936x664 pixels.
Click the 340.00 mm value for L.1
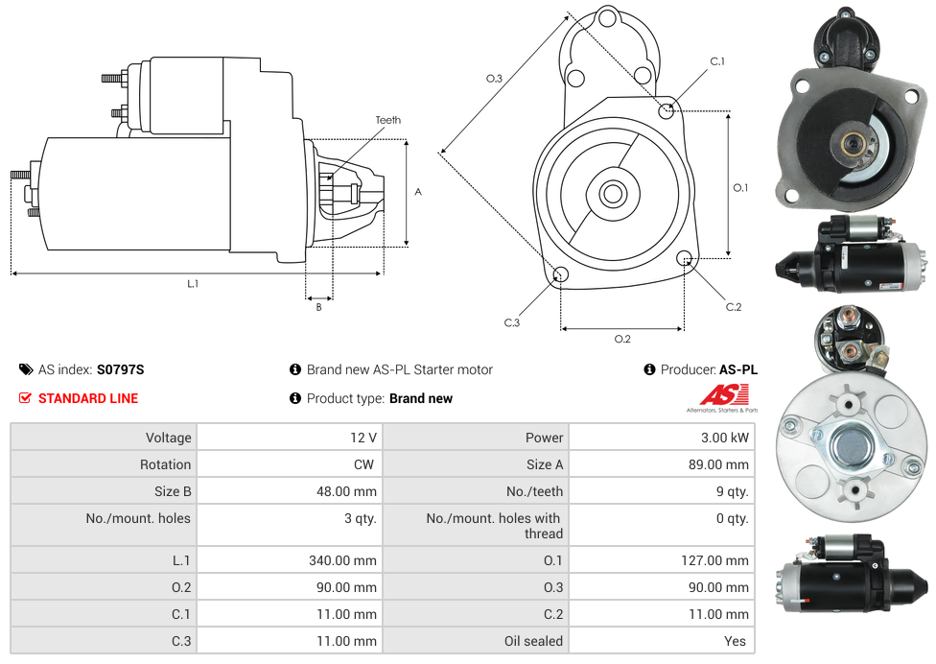[x=342, y=560]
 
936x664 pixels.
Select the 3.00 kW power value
[x=726, y=438]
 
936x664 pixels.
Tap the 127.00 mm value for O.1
[x=714, y=560]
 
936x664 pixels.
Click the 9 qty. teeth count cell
[x=728, y=491]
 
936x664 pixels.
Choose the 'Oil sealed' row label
[x=533, y=641]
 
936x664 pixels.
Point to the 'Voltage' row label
[x=168, y=438]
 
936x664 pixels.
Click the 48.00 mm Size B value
[x=346, y=491]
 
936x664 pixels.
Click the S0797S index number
[x=120, y=369]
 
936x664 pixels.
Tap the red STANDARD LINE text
[x=88, y=398]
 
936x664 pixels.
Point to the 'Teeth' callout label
[x=388, y=120]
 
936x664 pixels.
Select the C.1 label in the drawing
[x=717, y=61]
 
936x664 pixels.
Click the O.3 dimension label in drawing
[x=494, y=79]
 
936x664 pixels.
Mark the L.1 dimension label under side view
[x=193, y=283]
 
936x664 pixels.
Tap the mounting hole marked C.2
[x=685, y=258]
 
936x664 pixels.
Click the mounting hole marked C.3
[x=561, y=276]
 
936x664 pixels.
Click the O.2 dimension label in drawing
[x=622, y=338]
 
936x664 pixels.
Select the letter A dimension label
[x=418, y=192]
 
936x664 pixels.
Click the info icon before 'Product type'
[x=295, y=398]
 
